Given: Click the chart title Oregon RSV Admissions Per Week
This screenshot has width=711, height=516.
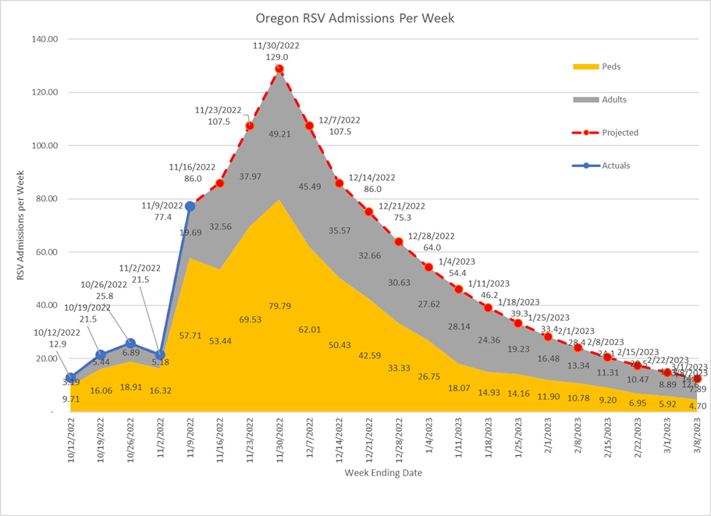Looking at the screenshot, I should coord(355,17).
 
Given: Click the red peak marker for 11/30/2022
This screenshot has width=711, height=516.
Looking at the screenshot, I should coord(279,69).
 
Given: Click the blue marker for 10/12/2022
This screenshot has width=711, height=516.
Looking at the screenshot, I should coord(71,378).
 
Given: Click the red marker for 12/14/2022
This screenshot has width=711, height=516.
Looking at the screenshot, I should coord(340,183).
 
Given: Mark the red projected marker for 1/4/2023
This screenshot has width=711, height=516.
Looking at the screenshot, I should coord(428,267).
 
